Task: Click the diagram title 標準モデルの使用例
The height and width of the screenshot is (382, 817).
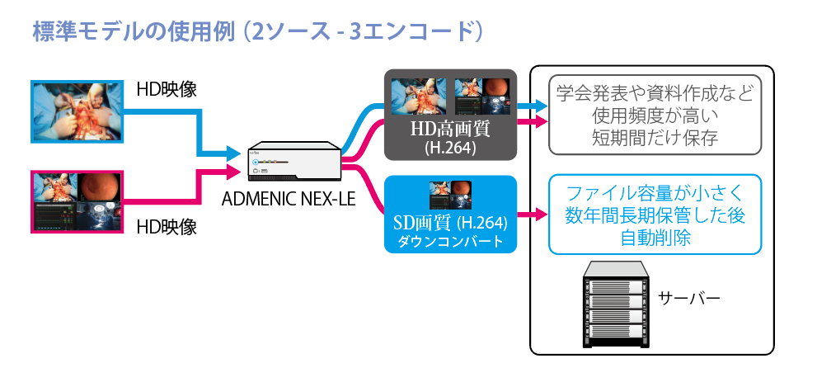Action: (x=133, y=31)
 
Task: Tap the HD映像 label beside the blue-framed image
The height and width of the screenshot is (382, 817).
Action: (x=167, y=89)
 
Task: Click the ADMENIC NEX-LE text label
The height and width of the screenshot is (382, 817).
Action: (x=289, y=200)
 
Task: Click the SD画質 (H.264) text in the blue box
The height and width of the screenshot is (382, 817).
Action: (x=450, y=223)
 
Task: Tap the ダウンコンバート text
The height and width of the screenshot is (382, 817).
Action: (x=450, y=242)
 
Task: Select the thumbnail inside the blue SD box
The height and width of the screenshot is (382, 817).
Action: (x=450, y=194)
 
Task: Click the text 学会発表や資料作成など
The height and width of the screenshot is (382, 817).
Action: (x=654, y=93)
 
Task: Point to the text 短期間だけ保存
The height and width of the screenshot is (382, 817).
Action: (x=654, y=137)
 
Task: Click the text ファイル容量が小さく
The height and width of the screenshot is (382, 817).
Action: (x=654, y=195)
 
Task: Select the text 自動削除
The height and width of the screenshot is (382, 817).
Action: (x=654, y=238)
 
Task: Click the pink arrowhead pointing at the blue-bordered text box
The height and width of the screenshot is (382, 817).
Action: (x=542, y=216)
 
